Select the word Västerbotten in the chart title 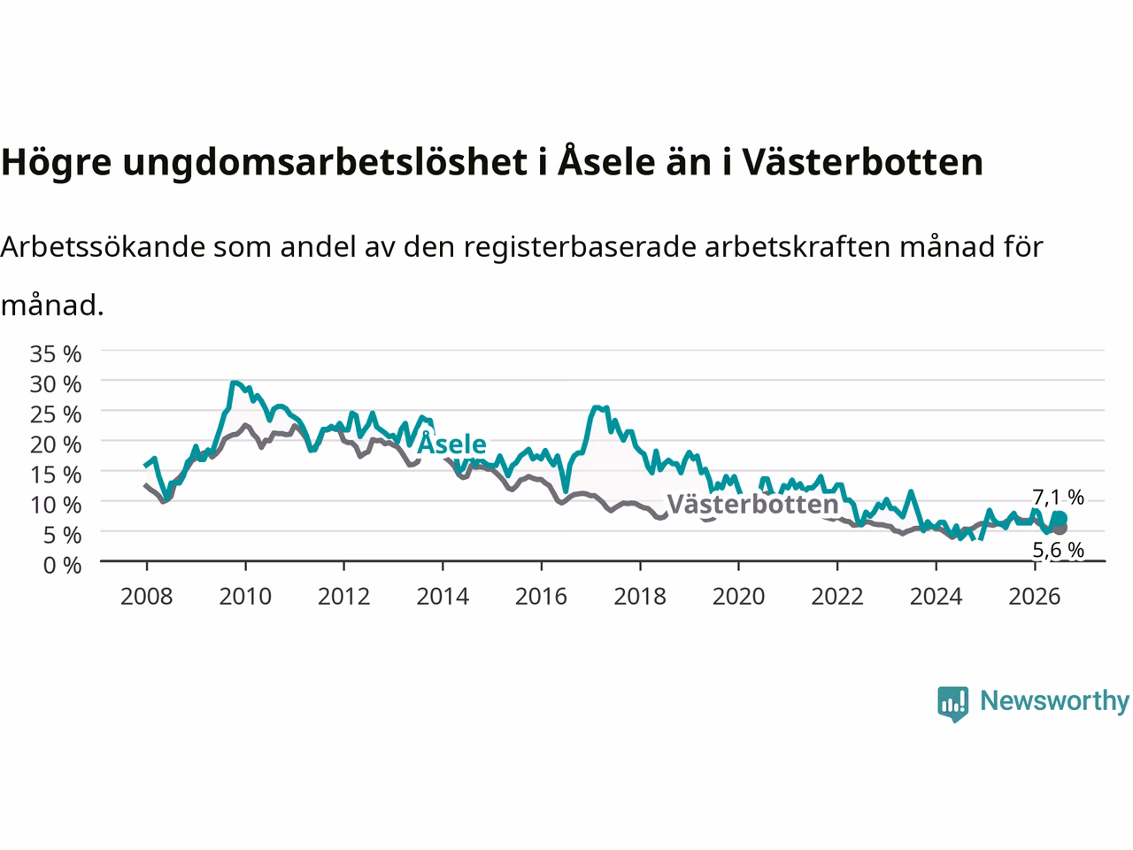[x=862, y=161]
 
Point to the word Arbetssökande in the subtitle [x=104, y=247]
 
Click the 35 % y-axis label [x=56, y=354]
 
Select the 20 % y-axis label [x=56, y=444]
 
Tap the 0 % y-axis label [x=63, y=565]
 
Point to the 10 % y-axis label [x=56, y=505]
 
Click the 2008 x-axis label [x=147, y=597]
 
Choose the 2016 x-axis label [x=541, y=597]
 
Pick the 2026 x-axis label [x=1035, y=597]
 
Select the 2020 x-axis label [x=738, y=597]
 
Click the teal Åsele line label [x=451, y=444]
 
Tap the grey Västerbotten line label [x=752, y=504]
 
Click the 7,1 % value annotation [x=1058, y=497]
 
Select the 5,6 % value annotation [x=1058, y=550]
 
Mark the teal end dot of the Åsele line [x=1060, y=518]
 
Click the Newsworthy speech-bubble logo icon [x=952, y=704]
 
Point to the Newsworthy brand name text [x=1054, y=701]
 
